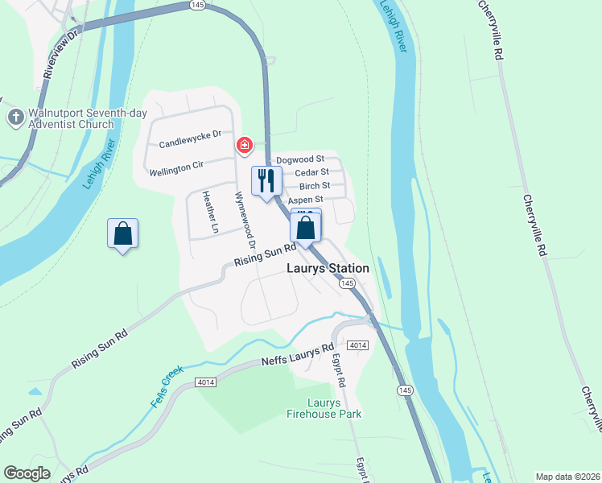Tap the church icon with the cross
pyautogui.click(x=15, y=118)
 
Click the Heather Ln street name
pyautogui.click(x=210, y=212)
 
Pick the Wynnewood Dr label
pyautogui.click(x=245, y=219)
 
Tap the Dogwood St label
pyautogui.click(x=299, y=159)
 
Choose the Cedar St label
pyautogui.click(x=311, y=172)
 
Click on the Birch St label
pyautogui.click(x=314, y=186)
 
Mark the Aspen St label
pyautogui.click(x=306, y=199)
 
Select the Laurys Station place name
pyautogui.click(x=328, y=268)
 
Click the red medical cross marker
pyautogui.click(x=244, y=146)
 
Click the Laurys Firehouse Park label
pyautogui.click(x=324, y=408)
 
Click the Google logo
pyautogui.click(x=27, y=473)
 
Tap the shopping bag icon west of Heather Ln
pyautogui.click(x=122, y=233)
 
